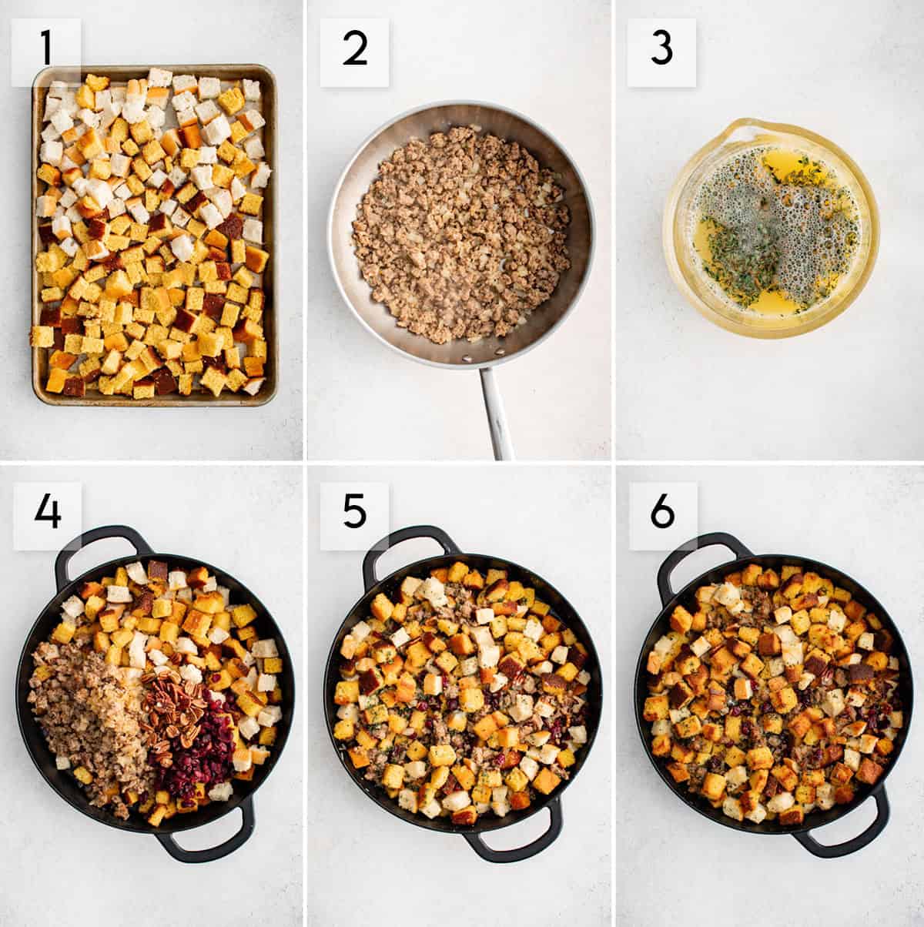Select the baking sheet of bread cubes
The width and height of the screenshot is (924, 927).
pyautogui.click(x=154, y=235)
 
